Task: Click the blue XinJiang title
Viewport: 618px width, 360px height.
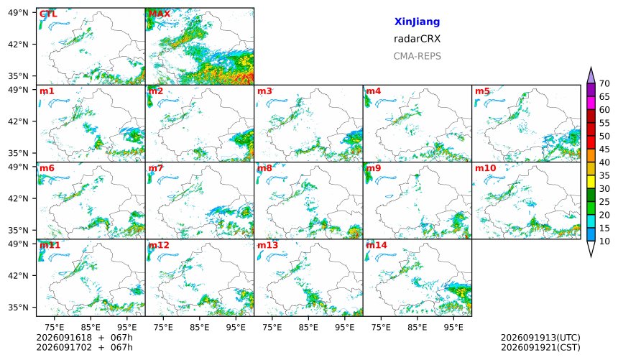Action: pos(417,22)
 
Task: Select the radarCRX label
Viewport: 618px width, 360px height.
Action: pos(417,39)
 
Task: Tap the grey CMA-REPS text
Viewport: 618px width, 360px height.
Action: pos(417,56)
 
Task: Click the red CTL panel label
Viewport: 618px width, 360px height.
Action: pos(48,14)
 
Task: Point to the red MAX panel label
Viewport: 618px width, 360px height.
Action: pos(160,14)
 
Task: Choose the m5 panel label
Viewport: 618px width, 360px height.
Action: pos(482,91)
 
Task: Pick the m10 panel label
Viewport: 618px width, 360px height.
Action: pos(485,168)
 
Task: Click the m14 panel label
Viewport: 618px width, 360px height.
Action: pos(377,245)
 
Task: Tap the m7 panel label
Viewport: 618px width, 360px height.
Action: pos(156,168)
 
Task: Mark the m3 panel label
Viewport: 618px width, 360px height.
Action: pos(264,91)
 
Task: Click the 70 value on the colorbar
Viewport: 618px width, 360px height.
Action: pos(604,83)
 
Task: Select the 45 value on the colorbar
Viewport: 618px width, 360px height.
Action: pos(604,149)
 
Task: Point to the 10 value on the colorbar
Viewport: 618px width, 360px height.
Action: pos(604,241)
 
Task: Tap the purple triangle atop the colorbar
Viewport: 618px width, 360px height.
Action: pos(591,76)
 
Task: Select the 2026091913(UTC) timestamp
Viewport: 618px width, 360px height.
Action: pos(540,338)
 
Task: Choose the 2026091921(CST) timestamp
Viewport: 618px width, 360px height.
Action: pos(540,348)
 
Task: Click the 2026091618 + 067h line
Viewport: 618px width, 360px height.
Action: pos(84,338)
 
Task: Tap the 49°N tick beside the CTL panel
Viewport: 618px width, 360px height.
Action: pos(18,13)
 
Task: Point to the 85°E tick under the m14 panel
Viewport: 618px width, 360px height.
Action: pos(418,327)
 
